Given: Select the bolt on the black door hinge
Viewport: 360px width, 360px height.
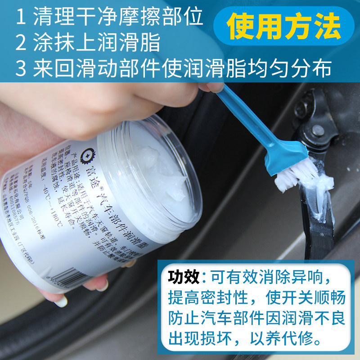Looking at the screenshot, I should pos(318,131).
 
